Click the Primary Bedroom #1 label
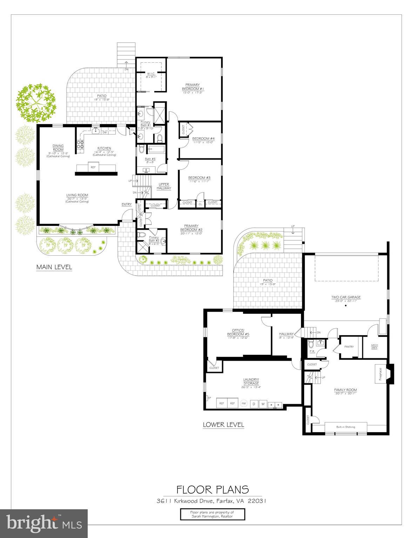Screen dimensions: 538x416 [193, 87]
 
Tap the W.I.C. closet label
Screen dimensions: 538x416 [151, 74]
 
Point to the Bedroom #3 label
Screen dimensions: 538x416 [199, 178]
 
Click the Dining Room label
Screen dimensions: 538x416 [58, 148]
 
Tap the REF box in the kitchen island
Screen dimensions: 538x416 [93, 167]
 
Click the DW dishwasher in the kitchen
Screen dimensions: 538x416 [105, 132]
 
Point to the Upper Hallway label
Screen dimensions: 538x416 [164, 186]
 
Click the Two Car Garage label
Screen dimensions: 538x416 [346, 297]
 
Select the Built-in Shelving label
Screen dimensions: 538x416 [346, 427]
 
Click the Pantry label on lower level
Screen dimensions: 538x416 [349, 347]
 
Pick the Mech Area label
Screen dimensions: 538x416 [374, 347]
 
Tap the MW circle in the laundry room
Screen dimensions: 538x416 [244, 403]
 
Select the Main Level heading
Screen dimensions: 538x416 [54, 267]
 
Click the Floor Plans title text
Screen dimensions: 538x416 [213, 489]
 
